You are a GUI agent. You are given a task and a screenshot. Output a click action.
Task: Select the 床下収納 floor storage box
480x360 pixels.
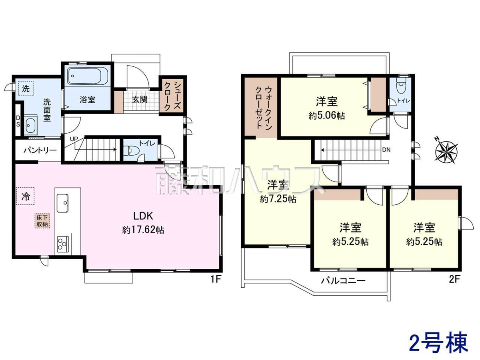pyautogui.click(x=42, y=221)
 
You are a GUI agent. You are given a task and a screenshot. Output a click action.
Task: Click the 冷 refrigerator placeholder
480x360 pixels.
pyautogui.click(x=26, y=196)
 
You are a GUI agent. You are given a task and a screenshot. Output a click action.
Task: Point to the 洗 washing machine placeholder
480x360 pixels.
pyautogui.click(x=26, y=88)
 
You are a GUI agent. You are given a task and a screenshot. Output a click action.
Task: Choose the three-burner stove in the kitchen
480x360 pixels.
pyautogui.click(x=63, y=244)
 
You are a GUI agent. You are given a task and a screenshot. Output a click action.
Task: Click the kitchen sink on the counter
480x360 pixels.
pyautogui.click(x=63, y=203)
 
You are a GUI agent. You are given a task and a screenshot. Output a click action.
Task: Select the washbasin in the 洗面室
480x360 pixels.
pyautogui.click(x=31, y=126)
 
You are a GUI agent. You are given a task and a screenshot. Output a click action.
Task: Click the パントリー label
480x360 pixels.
pyautogui.click(x=40, y=150)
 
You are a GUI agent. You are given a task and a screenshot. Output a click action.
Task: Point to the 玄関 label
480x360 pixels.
pyautogui.click(x=140, y=100)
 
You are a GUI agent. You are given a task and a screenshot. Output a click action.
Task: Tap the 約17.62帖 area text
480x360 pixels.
pyautogui.click(x=143, y=230)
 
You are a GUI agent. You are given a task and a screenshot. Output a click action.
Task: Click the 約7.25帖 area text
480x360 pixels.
pyautogui.click(x=278, y=199)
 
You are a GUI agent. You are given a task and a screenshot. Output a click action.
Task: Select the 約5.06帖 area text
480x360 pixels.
pyautogui.click(x=327, y=116)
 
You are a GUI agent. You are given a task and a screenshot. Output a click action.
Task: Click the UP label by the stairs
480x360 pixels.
pyautogui.click(x=74, y=139)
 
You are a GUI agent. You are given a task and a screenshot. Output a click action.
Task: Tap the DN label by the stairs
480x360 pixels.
pyautogui.click(x=386, y=150)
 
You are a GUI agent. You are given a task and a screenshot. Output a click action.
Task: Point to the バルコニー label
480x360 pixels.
pyautogui.click(x=343, y=280)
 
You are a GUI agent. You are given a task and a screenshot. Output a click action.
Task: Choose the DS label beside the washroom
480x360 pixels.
pyautogui.click(x=18, y=121)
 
